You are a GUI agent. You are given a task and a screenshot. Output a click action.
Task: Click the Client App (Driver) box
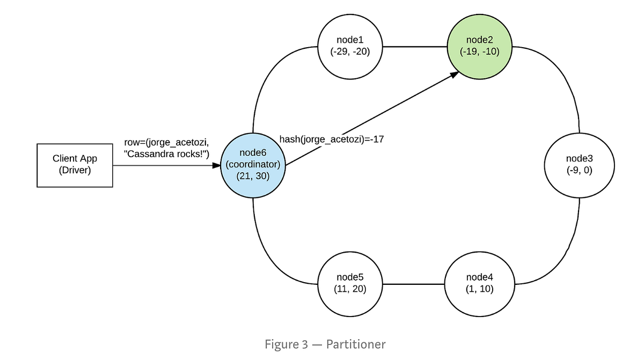(x=75, y=165)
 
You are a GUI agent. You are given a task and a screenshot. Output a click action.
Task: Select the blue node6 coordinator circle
(x=253, y=165)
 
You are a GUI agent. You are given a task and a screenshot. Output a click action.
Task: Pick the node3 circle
(x=579, y=165)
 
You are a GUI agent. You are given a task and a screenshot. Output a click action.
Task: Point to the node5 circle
(x=350, y=283)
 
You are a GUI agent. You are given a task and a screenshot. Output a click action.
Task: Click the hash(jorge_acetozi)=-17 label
(x=331, y=139)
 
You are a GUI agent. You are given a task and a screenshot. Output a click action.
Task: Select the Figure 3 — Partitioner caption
(x=325, y=344)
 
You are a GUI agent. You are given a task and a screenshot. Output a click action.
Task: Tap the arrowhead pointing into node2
(x=454, y=75)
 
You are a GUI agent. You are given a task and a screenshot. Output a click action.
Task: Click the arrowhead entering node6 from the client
(x=216, y=165)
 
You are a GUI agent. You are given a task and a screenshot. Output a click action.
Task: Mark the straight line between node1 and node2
(x=414, y=47)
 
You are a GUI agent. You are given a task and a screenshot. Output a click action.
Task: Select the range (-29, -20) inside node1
(x=350, y=52)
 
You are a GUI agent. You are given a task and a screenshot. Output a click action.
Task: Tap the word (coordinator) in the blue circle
(x=253, y=165)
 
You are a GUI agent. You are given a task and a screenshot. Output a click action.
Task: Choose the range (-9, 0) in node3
(x=579, y=170)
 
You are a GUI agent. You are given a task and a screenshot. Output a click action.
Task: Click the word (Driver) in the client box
(x=75, y=171)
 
